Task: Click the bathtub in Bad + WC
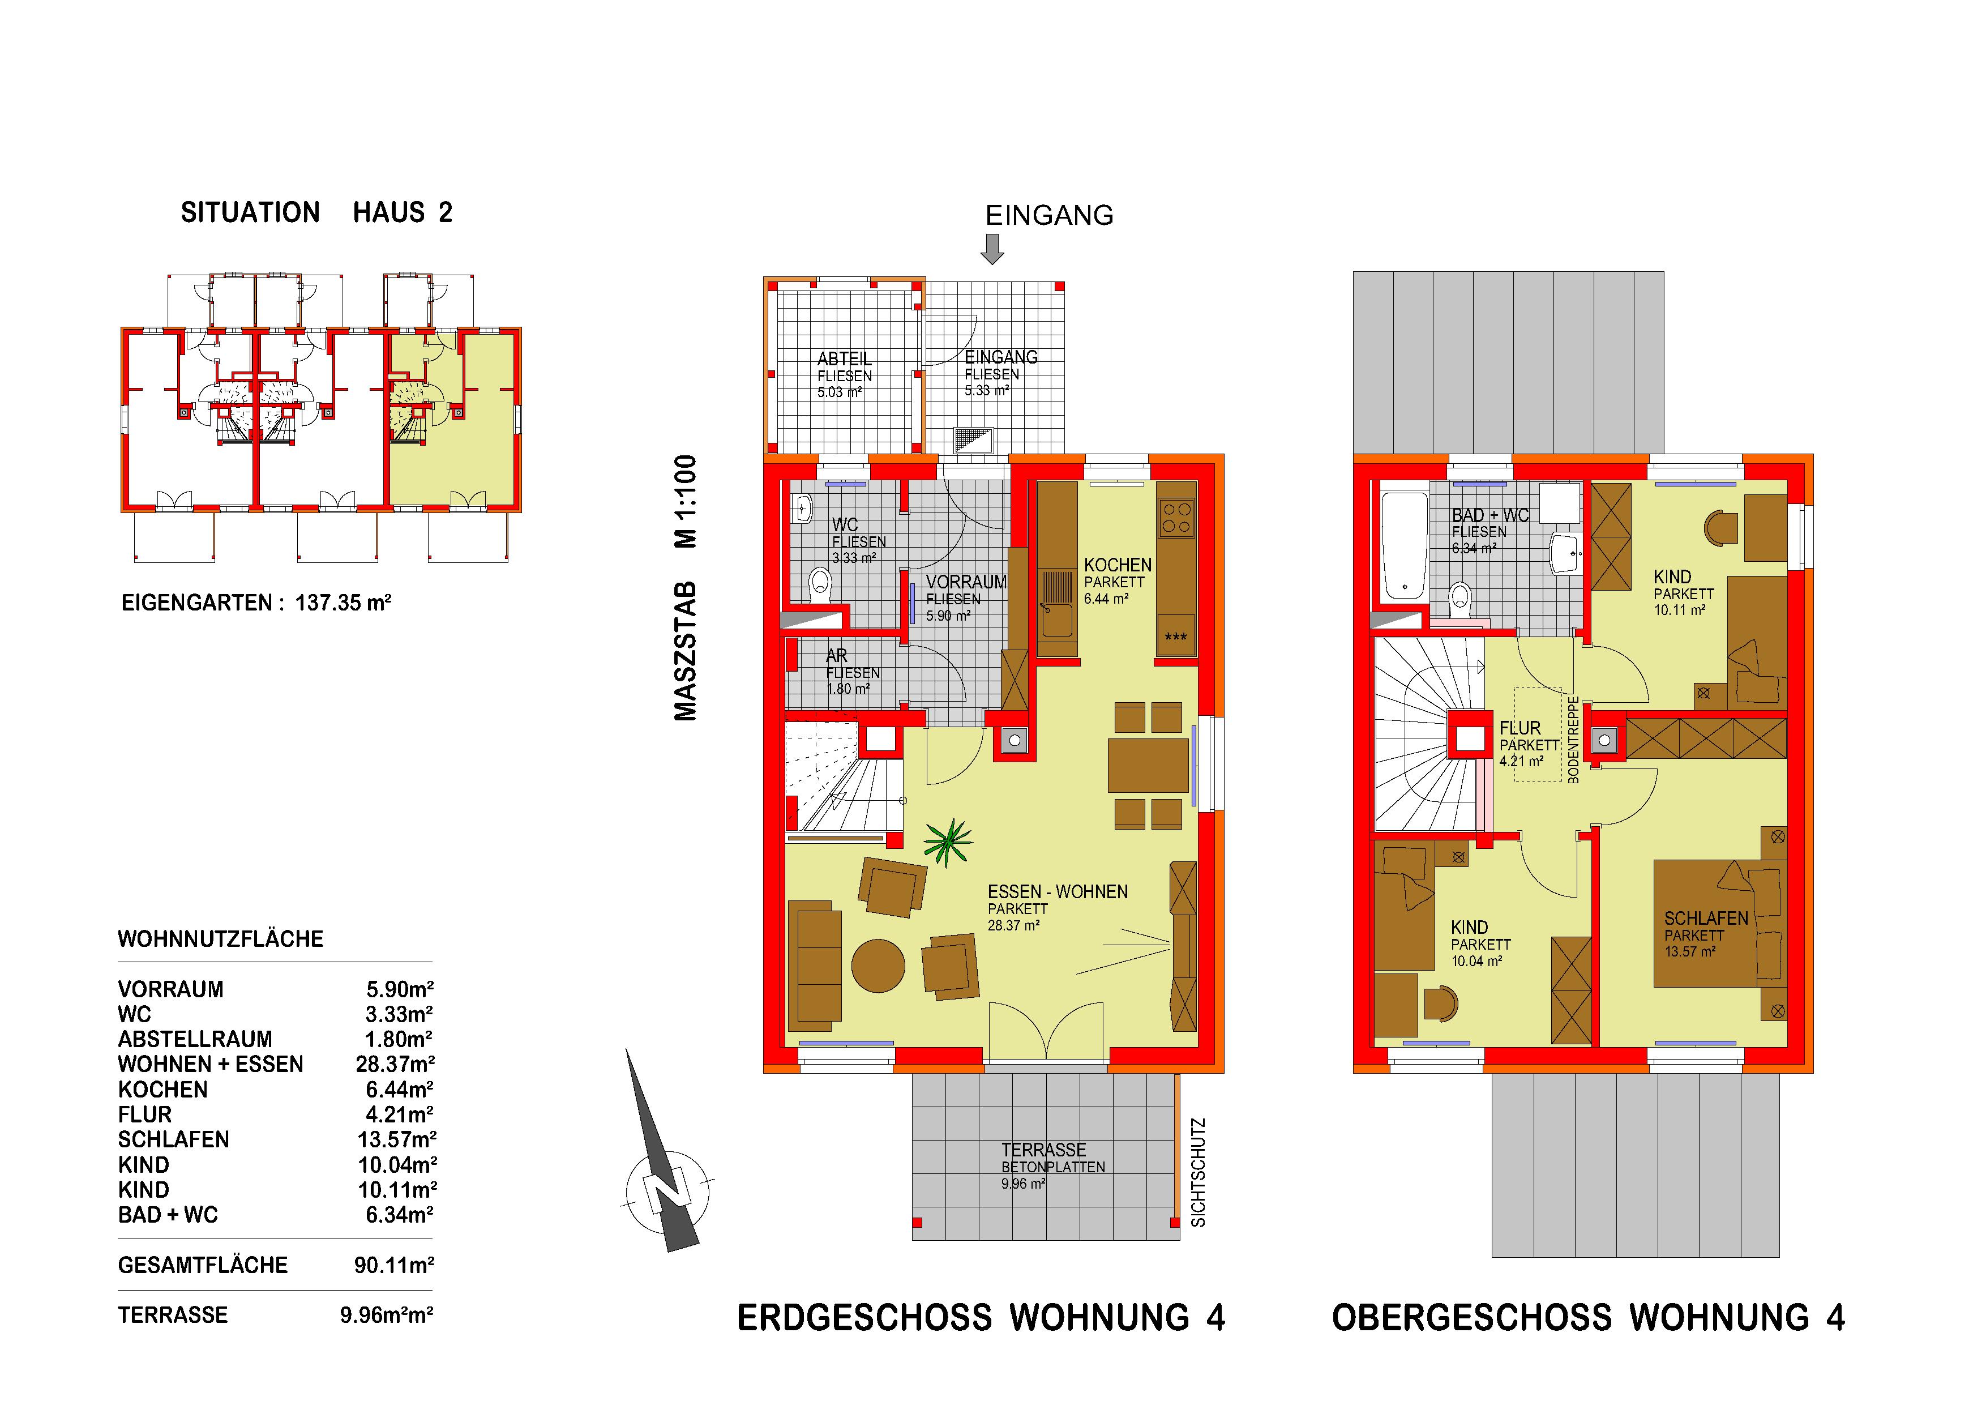click(1404, 547)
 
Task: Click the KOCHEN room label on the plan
click(1118, 565)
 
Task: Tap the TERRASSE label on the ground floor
click(1043, 1150)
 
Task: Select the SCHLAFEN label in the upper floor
click(1706, 919)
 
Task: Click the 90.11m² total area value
click(393, 1266)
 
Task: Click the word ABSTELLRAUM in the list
click(195, 1039)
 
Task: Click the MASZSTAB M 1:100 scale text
click(685, 588)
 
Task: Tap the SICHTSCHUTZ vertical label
click(1198, 1172)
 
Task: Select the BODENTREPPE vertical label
click(1573, 740)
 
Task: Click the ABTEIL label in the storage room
click(844, 358)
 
